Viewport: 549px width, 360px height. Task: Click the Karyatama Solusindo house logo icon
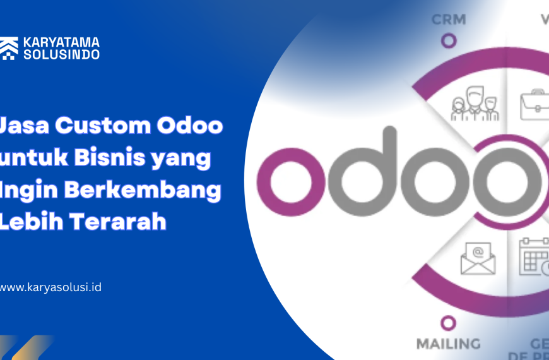click(9, 49)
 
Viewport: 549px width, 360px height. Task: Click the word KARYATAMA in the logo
click(61, 42)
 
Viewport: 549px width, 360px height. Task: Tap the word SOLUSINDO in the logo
click(61, 54)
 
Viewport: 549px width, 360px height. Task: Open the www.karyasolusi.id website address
click(50, 287)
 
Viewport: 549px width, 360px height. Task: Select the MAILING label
click(448, 344)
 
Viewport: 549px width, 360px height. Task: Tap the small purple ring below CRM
click(449, 41)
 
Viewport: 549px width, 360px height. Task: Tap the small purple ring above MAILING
click(449, 323)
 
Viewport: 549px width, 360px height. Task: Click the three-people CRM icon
click(475, 104)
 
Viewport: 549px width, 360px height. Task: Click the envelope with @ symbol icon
click(478, 258)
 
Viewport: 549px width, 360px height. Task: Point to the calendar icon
click(533, 257)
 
